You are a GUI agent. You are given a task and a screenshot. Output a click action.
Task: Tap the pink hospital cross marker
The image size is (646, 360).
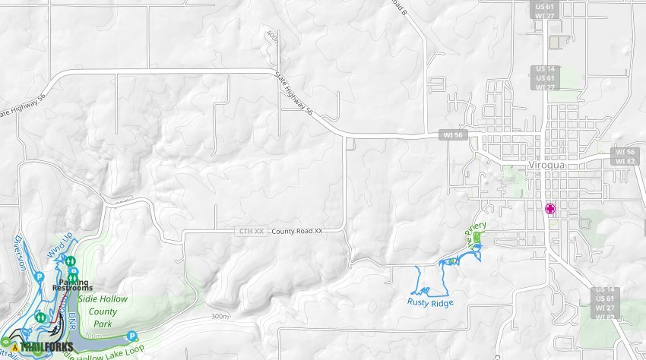click(x=550, y=208)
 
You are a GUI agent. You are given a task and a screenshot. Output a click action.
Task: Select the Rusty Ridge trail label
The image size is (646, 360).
click(x=430, y=303)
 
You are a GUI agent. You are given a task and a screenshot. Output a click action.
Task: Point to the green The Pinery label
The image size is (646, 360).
click(x=477, y=235)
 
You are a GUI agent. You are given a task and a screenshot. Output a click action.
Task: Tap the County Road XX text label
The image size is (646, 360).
click(x=297, y=231)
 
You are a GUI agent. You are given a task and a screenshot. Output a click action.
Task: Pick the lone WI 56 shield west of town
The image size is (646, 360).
click(x=454, y=135)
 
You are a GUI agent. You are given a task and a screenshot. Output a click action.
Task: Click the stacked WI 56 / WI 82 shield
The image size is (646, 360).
click(x=625, y=156)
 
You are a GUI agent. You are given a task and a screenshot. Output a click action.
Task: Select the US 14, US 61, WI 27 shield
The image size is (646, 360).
click(x=545, y=77)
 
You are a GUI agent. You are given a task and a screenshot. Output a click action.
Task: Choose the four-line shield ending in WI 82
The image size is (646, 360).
click(x=606, y=303)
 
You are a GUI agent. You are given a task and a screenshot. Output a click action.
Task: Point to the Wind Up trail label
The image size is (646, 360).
click(x=61, y=245)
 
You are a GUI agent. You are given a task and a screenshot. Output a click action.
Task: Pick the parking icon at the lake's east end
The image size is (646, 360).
click(x=131, y=335)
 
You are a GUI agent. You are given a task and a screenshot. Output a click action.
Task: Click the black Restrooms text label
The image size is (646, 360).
click(x=72, y=288)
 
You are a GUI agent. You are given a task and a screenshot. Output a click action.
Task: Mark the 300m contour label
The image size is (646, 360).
click(x=220, y=316)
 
